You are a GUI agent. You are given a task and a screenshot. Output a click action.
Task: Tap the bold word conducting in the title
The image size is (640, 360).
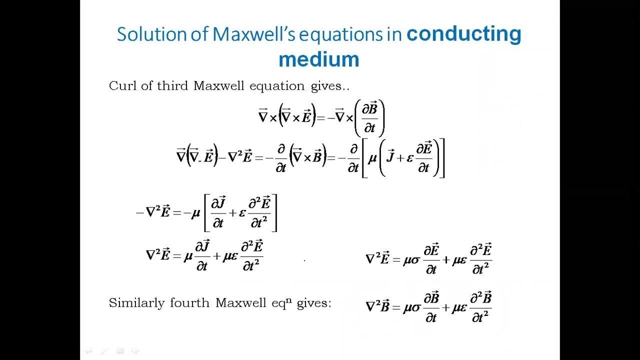[x=463, y=34]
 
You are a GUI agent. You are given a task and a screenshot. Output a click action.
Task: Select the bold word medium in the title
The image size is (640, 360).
[x=318, y=59]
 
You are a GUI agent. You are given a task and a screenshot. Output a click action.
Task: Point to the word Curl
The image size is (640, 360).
[x=123, y=86]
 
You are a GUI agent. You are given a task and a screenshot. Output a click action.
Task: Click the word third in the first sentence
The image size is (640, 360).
[x=172, y=86]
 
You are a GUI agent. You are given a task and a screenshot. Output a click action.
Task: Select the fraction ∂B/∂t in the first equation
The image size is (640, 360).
[x=369, y=118]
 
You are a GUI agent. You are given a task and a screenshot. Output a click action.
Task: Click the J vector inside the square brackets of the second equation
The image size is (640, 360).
[x=391, y=158]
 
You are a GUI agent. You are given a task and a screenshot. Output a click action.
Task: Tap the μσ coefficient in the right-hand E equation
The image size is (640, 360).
[x=412, y=260]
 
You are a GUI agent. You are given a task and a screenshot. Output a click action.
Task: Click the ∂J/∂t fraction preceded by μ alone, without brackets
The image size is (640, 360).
[x=202, y=256]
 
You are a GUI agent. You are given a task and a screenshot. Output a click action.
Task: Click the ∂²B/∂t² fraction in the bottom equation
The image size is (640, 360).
[x=480, y=307]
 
